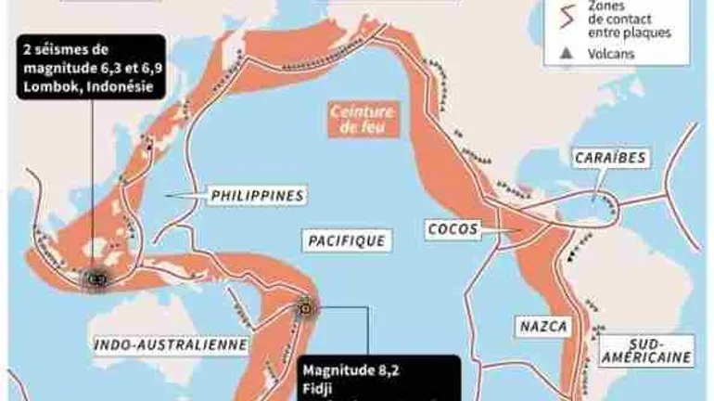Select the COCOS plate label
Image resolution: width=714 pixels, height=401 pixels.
pos(452,227)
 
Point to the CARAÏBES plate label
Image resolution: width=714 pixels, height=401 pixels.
pos(608,158)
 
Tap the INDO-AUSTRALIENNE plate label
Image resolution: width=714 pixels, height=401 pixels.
pos(172,344)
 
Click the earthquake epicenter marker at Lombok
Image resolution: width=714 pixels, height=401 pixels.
pos(95,277)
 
